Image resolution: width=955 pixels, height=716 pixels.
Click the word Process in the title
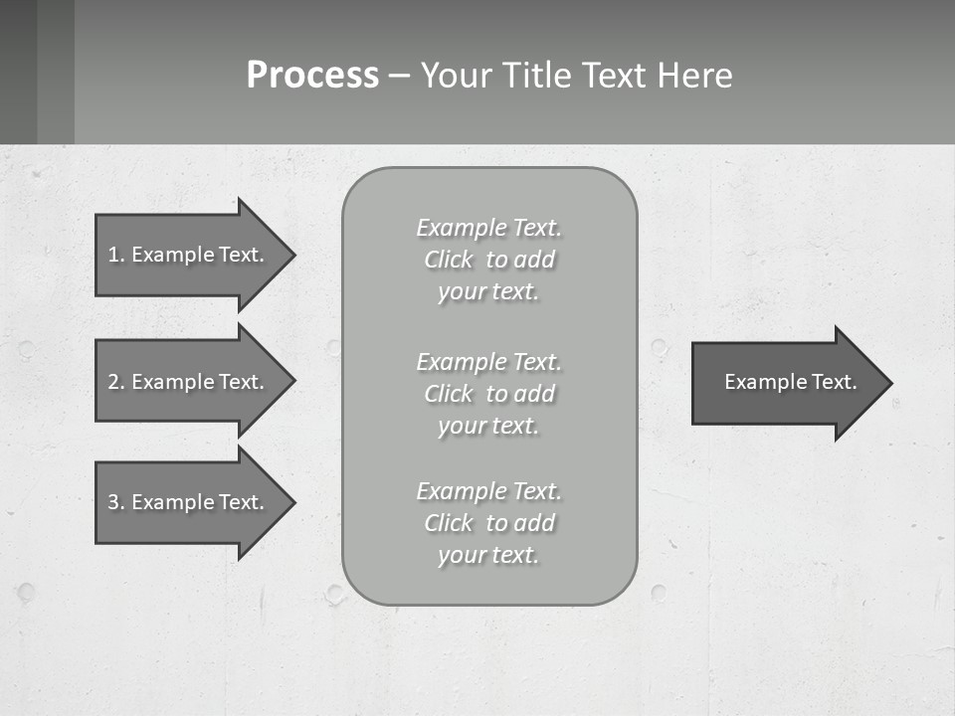312,76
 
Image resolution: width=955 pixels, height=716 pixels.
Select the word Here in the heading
694,76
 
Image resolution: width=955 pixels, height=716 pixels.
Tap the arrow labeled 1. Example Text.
187,255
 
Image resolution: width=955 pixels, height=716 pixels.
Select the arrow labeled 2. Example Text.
187,382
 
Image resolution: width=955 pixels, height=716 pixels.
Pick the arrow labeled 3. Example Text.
187,502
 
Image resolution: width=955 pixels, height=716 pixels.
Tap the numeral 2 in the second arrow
113,382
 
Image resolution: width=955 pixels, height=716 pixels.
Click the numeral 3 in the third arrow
113,502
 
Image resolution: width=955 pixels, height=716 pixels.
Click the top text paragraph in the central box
488,260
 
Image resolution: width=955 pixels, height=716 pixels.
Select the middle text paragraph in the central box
488,394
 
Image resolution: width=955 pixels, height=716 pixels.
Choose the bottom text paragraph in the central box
488,523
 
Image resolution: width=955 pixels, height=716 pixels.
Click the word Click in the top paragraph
449,261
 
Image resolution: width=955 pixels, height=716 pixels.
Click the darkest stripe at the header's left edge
18,72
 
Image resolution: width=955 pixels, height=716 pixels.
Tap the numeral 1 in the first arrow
113,255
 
